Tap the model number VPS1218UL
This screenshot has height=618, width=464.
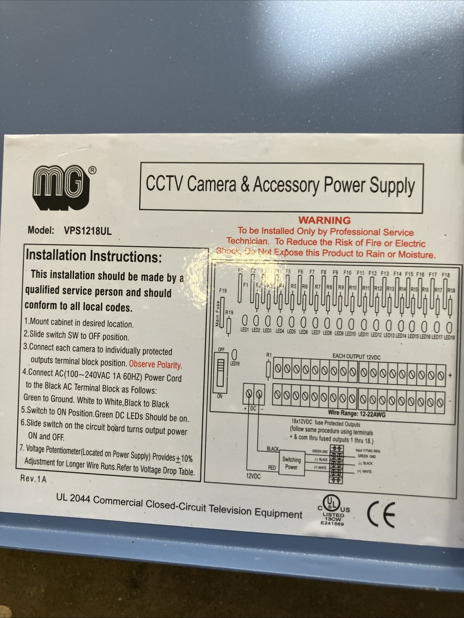click(x=87, y=231)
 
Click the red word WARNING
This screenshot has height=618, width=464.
click(x=324, y=220)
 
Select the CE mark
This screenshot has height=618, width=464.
click(x=381, y=514)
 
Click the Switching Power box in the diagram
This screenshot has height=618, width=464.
click(x=291, y=463)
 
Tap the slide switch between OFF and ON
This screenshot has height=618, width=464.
click(x=221, y=373)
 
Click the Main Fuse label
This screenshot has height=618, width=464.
click(x=217, y=313)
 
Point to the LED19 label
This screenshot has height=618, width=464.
click(x=235, y=364)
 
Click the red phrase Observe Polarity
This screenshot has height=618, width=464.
click(x=155, y=364)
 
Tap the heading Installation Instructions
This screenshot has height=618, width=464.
click(x=94, y=256)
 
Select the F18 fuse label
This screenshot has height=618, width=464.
click(x=445, y=275)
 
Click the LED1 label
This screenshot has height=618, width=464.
click(x=245, y=330)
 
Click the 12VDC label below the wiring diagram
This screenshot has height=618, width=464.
click(x=253, y=477)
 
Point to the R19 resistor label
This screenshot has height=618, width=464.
click(x=229, y=312)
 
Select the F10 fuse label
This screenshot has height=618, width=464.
click(x=347, y=273)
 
